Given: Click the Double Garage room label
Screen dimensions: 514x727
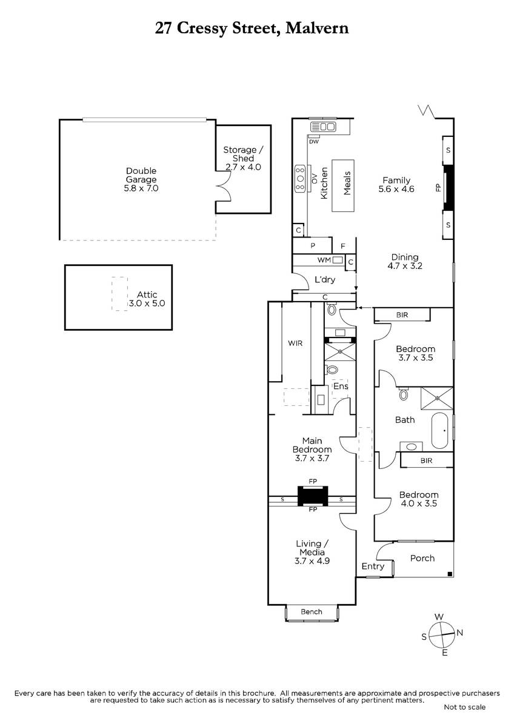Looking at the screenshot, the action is pos(141,175).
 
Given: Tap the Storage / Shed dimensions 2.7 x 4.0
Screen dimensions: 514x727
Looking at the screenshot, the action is pos(243,167).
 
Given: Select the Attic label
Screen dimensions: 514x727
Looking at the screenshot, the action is pos(147,294).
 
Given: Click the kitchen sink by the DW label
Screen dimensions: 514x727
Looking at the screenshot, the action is pos(324,127).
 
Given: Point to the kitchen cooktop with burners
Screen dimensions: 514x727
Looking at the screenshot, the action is pos(301,179).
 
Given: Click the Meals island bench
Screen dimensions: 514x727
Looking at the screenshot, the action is pos(343,185).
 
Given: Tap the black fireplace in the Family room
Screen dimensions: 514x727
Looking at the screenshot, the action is pos(449,188).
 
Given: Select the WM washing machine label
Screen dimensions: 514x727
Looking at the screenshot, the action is pos(324,260).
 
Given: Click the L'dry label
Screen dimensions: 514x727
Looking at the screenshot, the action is pos(325,279).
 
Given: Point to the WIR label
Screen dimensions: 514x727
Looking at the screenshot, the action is pos(295,343).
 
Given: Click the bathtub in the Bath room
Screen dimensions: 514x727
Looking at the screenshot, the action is pos(439,431).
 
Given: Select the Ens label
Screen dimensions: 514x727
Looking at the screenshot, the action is pos(341,387).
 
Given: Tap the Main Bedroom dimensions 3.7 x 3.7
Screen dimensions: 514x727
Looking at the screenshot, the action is pos(312,458).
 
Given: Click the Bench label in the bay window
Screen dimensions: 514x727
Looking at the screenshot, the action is pos(312,612).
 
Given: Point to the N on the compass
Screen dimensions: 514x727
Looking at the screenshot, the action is pos(460,632).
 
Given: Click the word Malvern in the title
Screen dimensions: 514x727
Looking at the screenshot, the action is pos(317,28).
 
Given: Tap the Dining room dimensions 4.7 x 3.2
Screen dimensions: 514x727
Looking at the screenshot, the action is pos(405,266).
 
